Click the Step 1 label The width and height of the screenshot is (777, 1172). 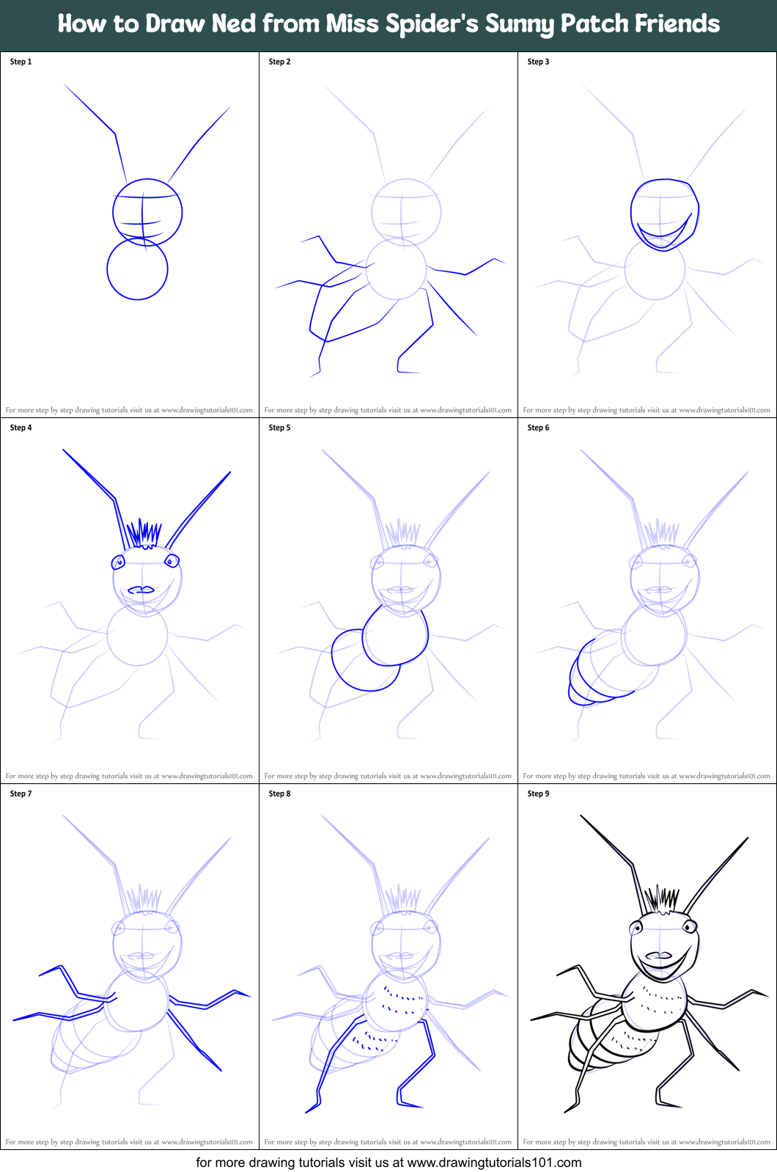(21, 62)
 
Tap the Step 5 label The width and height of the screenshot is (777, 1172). (279, 428)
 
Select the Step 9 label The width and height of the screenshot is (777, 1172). (538, 794)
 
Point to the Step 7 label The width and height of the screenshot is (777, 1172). (21, 794)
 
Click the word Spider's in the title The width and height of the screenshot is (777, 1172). (402, 24)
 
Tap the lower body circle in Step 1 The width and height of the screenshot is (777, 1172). (137, 269)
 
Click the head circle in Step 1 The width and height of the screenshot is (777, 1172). (147, 212)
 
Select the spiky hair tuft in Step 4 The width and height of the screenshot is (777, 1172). (144, 534)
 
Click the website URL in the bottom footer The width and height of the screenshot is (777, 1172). (494, 1162)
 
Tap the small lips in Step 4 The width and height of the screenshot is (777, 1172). (141, 590)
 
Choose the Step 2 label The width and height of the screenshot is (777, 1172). (279, 62)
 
